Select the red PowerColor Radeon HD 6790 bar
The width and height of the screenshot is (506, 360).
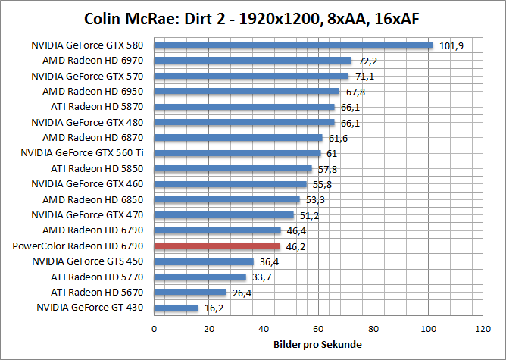217,246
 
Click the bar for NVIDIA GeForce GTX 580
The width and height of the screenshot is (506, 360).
293,45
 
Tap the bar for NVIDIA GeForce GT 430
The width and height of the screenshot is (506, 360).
176,308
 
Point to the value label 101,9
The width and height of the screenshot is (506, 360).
451,45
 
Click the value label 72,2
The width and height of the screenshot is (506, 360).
368,61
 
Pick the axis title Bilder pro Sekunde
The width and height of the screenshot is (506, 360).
317,345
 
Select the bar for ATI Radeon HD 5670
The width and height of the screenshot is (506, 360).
190,292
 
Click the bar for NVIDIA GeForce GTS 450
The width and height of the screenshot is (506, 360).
204,261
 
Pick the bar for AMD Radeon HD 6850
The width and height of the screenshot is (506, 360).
227,199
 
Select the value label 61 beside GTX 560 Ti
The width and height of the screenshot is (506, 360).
332,154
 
